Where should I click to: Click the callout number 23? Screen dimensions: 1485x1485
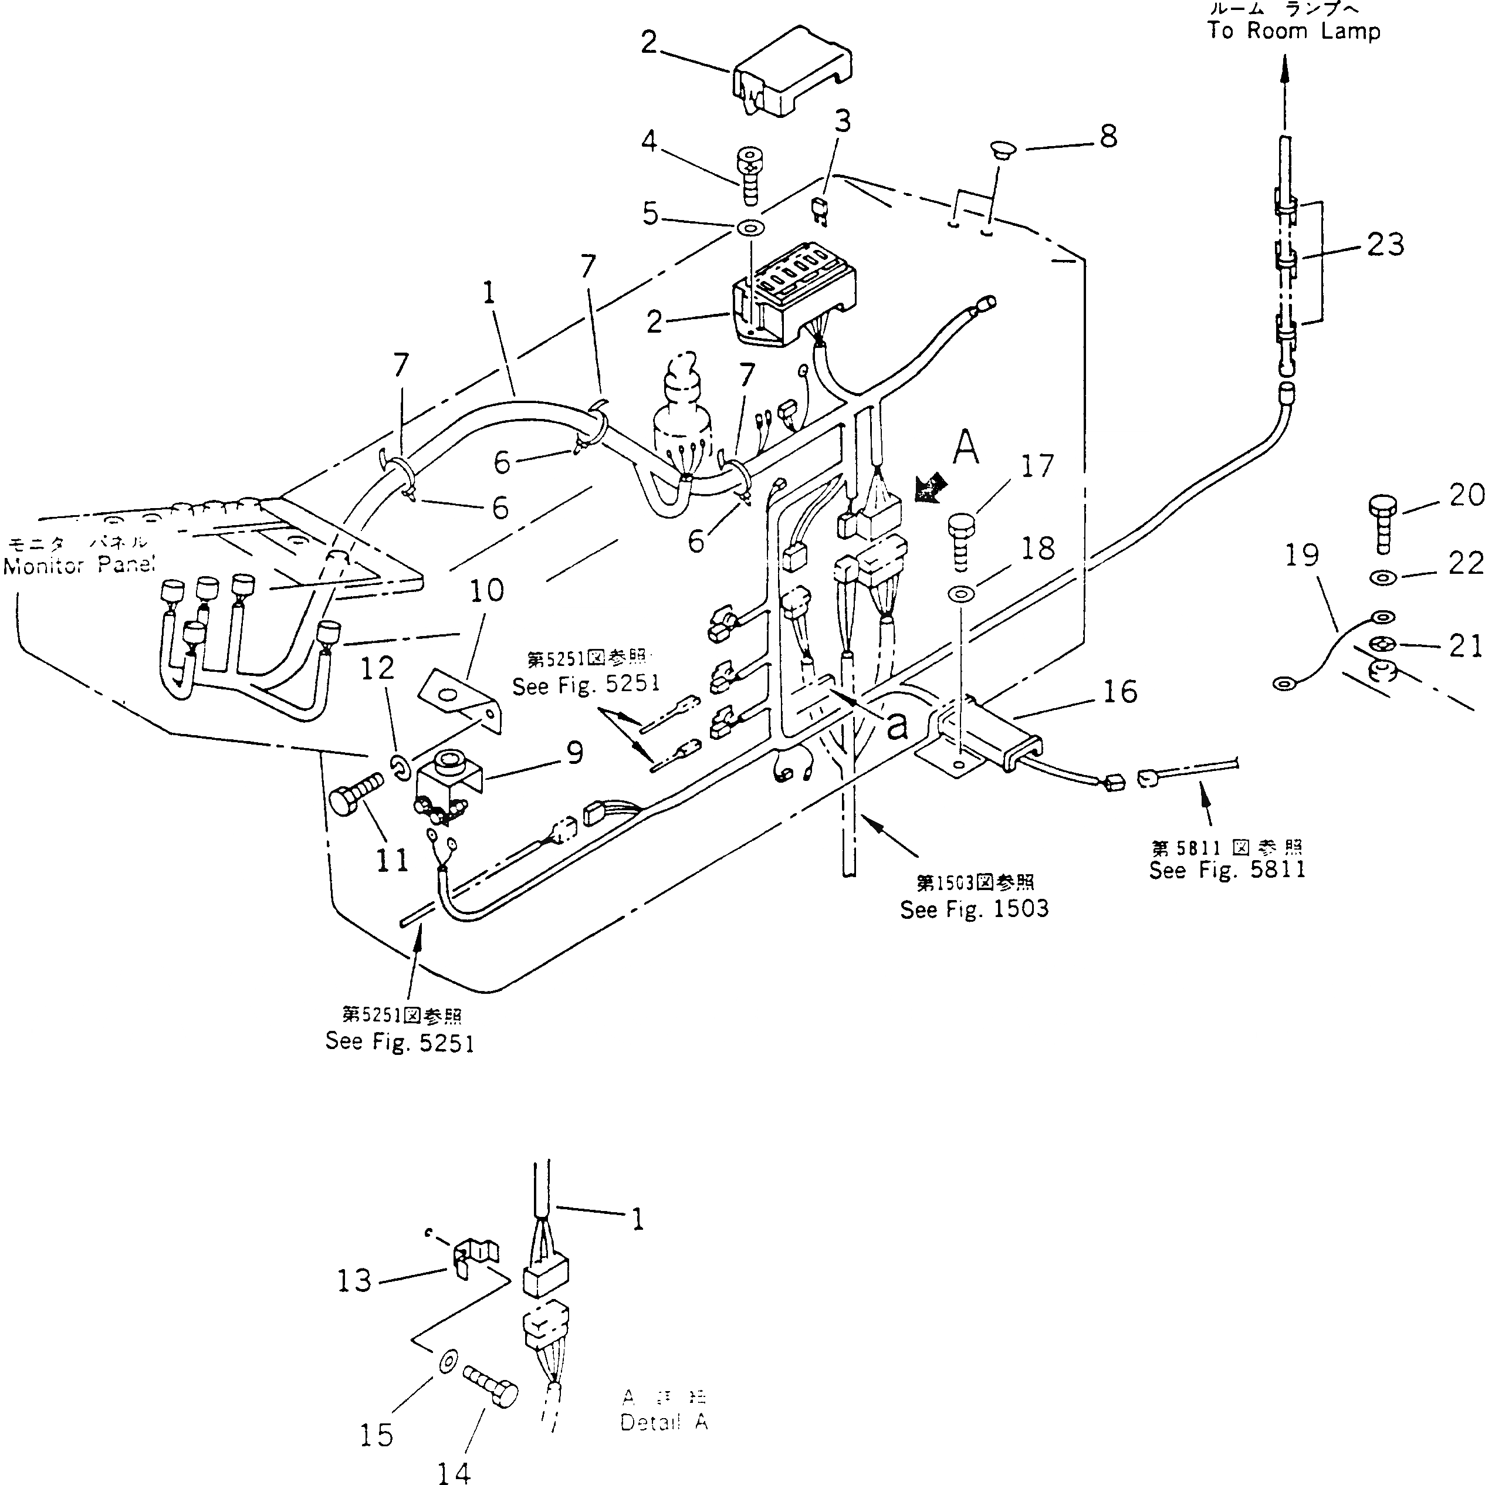pyautogui.click(x=1385, y=245)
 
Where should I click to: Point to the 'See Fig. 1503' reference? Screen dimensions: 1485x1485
pyautogui.click(x=974, y=909)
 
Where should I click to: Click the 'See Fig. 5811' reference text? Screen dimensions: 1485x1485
pyautogui.click(x=1227, y=870)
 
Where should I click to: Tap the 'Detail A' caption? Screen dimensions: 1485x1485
pyautogui.click(x=664, y=1422)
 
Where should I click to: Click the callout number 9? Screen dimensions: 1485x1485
pyautogui.click(x=574, y=754)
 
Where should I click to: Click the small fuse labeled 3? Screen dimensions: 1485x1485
pyautogui.click(x=821, y=209)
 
